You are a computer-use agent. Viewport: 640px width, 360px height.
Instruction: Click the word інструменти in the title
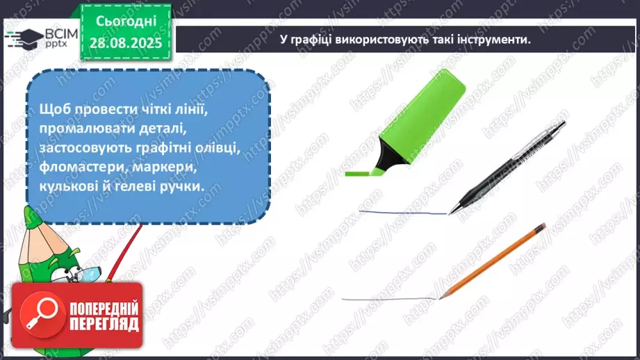(488, 40)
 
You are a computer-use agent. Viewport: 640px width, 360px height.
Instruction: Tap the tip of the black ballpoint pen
(450, 211)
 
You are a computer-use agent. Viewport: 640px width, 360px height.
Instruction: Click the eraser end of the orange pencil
(541, 227)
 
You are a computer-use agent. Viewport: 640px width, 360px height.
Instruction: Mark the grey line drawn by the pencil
(389, 299)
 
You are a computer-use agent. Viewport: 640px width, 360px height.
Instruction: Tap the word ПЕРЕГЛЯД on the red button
(104, 325)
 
